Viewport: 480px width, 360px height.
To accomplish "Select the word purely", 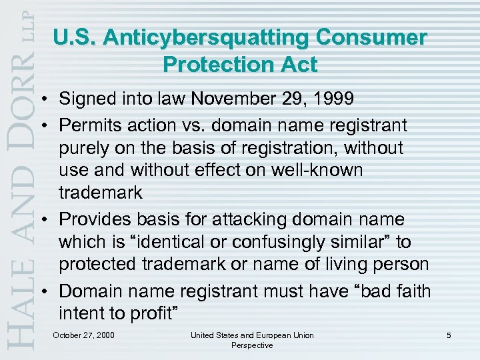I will pos(83,147).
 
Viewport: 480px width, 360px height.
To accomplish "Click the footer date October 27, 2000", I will pos(83,335).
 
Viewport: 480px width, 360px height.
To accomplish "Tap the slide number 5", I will pos(449,335).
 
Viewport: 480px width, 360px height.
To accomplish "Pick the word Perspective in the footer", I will pos(251,345).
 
